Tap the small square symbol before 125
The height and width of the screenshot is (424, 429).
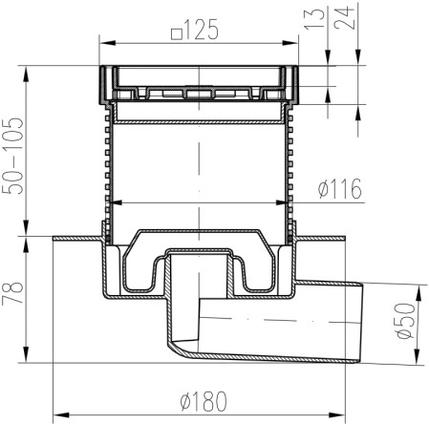tap(177, 34)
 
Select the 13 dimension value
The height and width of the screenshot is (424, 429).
tap(314, 19)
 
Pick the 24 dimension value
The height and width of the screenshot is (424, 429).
tap(344, 18)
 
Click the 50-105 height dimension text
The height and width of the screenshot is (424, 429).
tap(12, 156)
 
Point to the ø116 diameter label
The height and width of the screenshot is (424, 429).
tap(340, 188)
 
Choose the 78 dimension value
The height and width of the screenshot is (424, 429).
tap(12, 293)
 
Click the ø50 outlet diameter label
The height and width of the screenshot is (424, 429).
tap(404, 321)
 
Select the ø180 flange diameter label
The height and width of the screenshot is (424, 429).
tap(204, 402)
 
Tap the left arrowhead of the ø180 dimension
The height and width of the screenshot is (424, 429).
tap(61, 415)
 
